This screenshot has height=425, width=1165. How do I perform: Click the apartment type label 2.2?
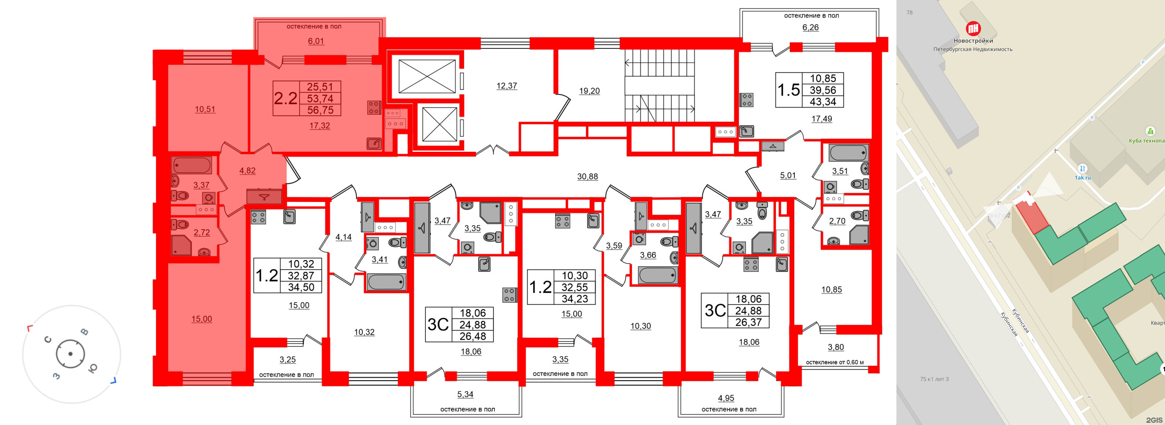286,98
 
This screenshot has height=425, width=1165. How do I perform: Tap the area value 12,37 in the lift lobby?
506,85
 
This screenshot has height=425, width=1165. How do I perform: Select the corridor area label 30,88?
587,176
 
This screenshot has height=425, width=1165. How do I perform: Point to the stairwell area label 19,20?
589,91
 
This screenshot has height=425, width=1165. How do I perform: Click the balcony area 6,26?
811,27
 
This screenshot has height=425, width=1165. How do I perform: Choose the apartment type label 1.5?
788,90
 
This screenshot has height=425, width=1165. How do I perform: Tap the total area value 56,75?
320,110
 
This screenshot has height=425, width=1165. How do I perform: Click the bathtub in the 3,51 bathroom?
848,153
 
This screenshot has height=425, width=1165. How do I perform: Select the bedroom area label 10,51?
205,109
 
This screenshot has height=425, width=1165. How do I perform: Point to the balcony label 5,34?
465,394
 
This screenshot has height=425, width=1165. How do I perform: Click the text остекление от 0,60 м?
834,362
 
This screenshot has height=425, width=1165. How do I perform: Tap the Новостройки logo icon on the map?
973,29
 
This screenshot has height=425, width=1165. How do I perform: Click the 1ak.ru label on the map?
1083,178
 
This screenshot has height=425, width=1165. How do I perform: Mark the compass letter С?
49,340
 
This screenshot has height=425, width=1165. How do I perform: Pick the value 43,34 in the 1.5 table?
822,102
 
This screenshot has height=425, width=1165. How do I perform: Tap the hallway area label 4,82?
247,170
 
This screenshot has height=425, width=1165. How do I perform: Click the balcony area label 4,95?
726,398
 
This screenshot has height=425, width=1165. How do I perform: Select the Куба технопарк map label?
1147,141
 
